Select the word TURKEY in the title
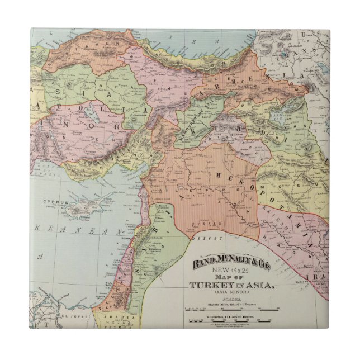pos(210,286)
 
